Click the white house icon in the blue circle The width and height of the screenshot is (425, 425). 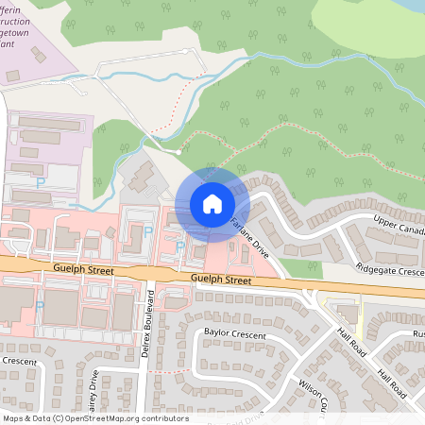(x=212, y=204)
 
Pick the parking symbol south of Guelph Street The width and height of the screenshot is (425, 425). (x=40, y=306)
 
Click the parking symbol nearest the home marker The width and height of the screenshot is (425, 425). (x=180, y=246)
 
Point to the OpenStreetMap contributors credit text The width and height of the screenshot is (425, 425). (x=95, y=417)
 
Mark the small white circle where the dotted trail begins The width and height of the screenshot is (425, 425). (x=178, y=152)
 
